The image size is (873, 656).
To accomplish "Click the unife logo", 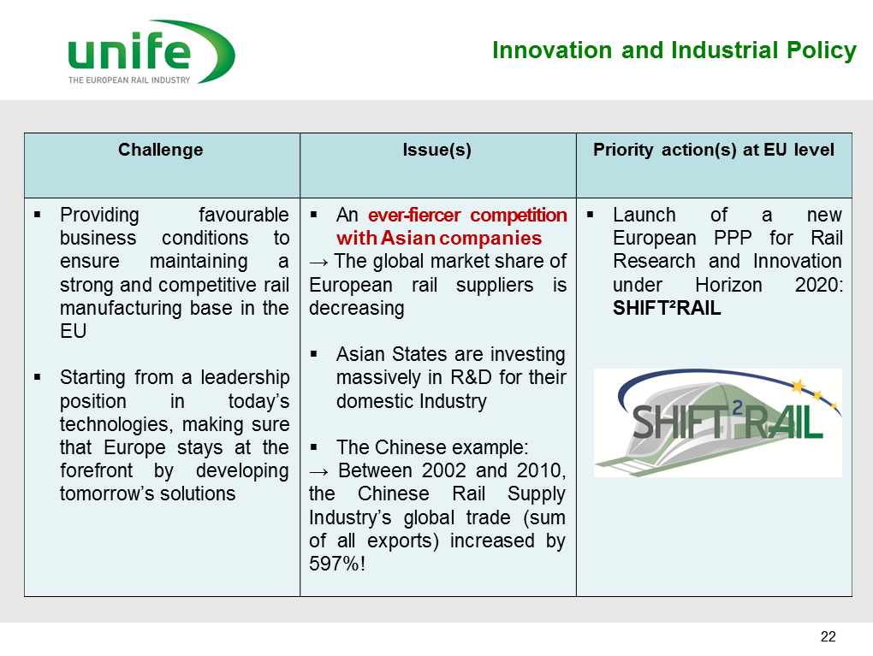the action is pos(151,52).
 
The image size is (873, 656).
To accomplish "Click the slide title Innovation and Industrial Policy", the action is pos(674,50).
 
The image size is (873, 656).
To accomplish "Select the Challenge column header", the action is pos(160,150).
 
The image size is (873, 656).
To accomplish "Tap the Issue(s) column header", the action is pos(437,150).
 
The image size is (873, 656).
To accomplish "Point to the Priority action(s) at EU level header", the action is pos(713,150).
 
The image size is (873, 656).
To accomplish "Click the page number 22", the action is pos(828,636).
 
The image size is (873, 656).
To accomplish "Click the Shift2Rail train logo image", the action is pos(718,423).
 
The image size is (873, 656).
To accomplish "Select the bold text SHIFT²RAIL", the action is pos(667,308).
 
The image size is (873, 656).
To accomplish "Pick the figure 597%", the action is pos(334,564).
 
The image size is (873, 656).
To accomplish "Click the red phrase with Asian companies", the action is pos(439,238).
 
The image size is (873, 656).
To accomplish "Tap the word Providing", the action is pos(99,216).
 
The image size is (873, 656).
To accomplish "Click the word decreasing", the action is pos(357,308).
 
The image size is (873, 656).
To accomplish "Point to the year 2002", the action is pos(443,470).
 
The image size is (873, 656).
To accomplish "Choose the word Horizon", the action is pos(728,285).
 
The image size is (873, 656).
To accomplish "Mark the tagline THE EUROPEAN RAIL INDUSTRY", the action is pos(129,80).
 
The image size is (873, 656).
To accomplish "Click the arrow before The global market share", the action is pos(319,262).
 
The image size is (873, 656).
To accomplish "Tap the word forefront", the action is pos(97,470).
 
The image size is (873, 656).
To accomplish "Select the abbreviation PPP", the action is pos(733,238).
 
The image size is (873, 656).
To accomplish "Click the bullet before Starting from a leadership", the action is pos(38,377).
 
